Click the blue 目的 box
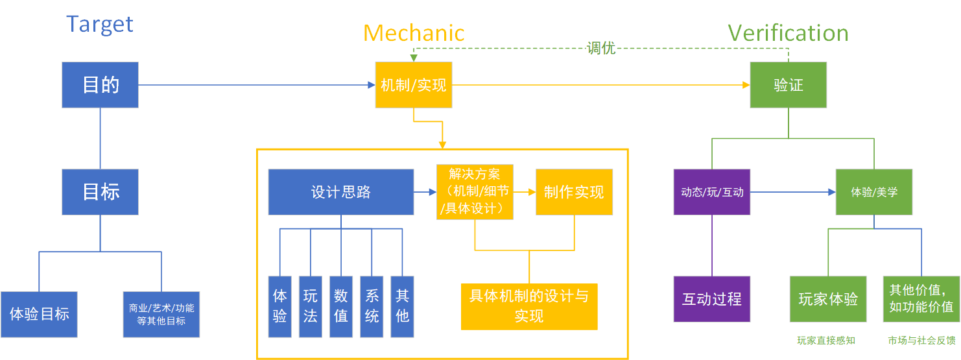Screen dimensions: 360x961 [x=100, y=85]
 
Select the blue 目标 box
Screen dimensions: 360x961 [x=100, y=192]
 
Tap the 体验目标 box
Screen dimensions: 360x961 [x=39, y=315]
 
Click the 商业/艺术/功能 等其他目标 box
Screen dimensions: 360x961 [x=161, y=315]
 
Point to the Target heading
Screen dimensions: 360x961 [x=99, y=24]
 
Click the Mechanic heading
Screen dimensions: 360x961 [x=414, y=33]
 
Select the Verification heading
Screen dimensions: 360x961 [x=788, y=33]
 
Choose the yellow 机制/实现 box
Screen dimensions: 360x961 [x=414, y=85]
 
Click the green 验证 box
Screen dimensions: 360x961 [x=788, y=85]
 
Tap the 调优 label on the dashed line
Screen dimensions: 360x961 [x=600, y=48]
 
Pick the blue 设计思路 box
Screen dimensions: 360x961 [x=341, y=192]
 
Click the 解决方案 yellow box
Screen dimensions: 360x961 [x=475, y=191]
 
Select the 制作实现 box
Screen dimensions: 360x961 [x=574, y=192]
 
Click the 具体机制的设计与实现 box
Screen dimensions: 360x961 [x=529, y=307]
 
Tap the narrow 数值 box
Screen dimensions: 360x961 [x=341, y=307]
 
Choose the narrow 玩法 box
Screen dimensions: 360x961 [x=311, y=307]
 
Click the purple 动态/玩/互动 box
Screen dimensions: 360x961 [x=712, y=193]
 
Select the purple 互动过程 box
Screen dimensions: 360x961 [x=712, y=299]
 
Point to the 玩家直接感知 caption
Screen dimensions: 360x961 [x=825, y=341]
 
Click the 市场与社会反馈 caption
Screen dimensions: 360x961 [x=921, y=341]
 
